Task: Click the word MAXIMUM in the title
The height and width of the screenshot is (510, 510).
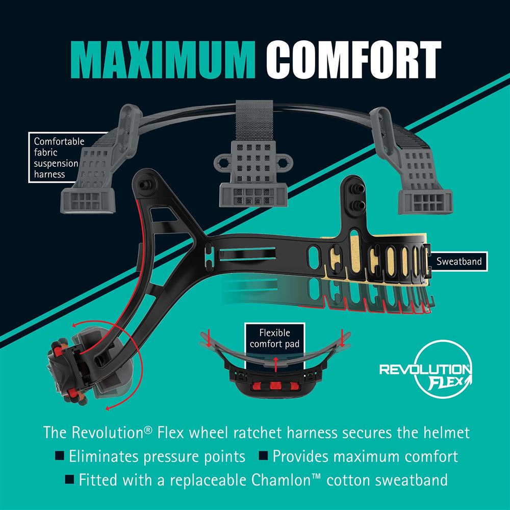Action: click(163, 60)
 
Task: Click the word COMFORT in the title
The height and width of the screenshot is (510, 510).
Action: click(353, 60)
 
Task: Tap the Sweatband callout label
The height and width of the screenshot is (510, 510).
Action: click(458, 261)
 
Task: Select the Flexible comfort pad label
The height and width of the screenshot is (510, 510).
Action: click(274, 339)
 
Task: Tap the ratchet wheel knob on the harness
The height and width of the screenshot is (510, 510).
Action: click(67, 371)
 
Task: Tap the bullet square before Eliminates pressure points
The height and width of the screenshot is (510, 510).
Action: click(60, 455)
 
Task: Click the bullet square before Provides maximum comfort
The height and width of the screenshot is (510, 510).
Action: click(263, 455)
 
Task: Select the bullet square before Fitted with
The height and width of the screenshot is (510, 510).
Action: click(69, 479)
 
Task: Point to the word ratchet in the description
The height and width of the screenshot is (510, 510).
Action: click(257, 433)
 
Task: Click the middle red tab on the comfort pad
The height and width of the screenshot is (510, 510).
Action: click(275, 386)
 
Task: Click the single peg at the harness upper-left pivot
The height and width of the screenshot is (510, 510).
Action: click(143, 185)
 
